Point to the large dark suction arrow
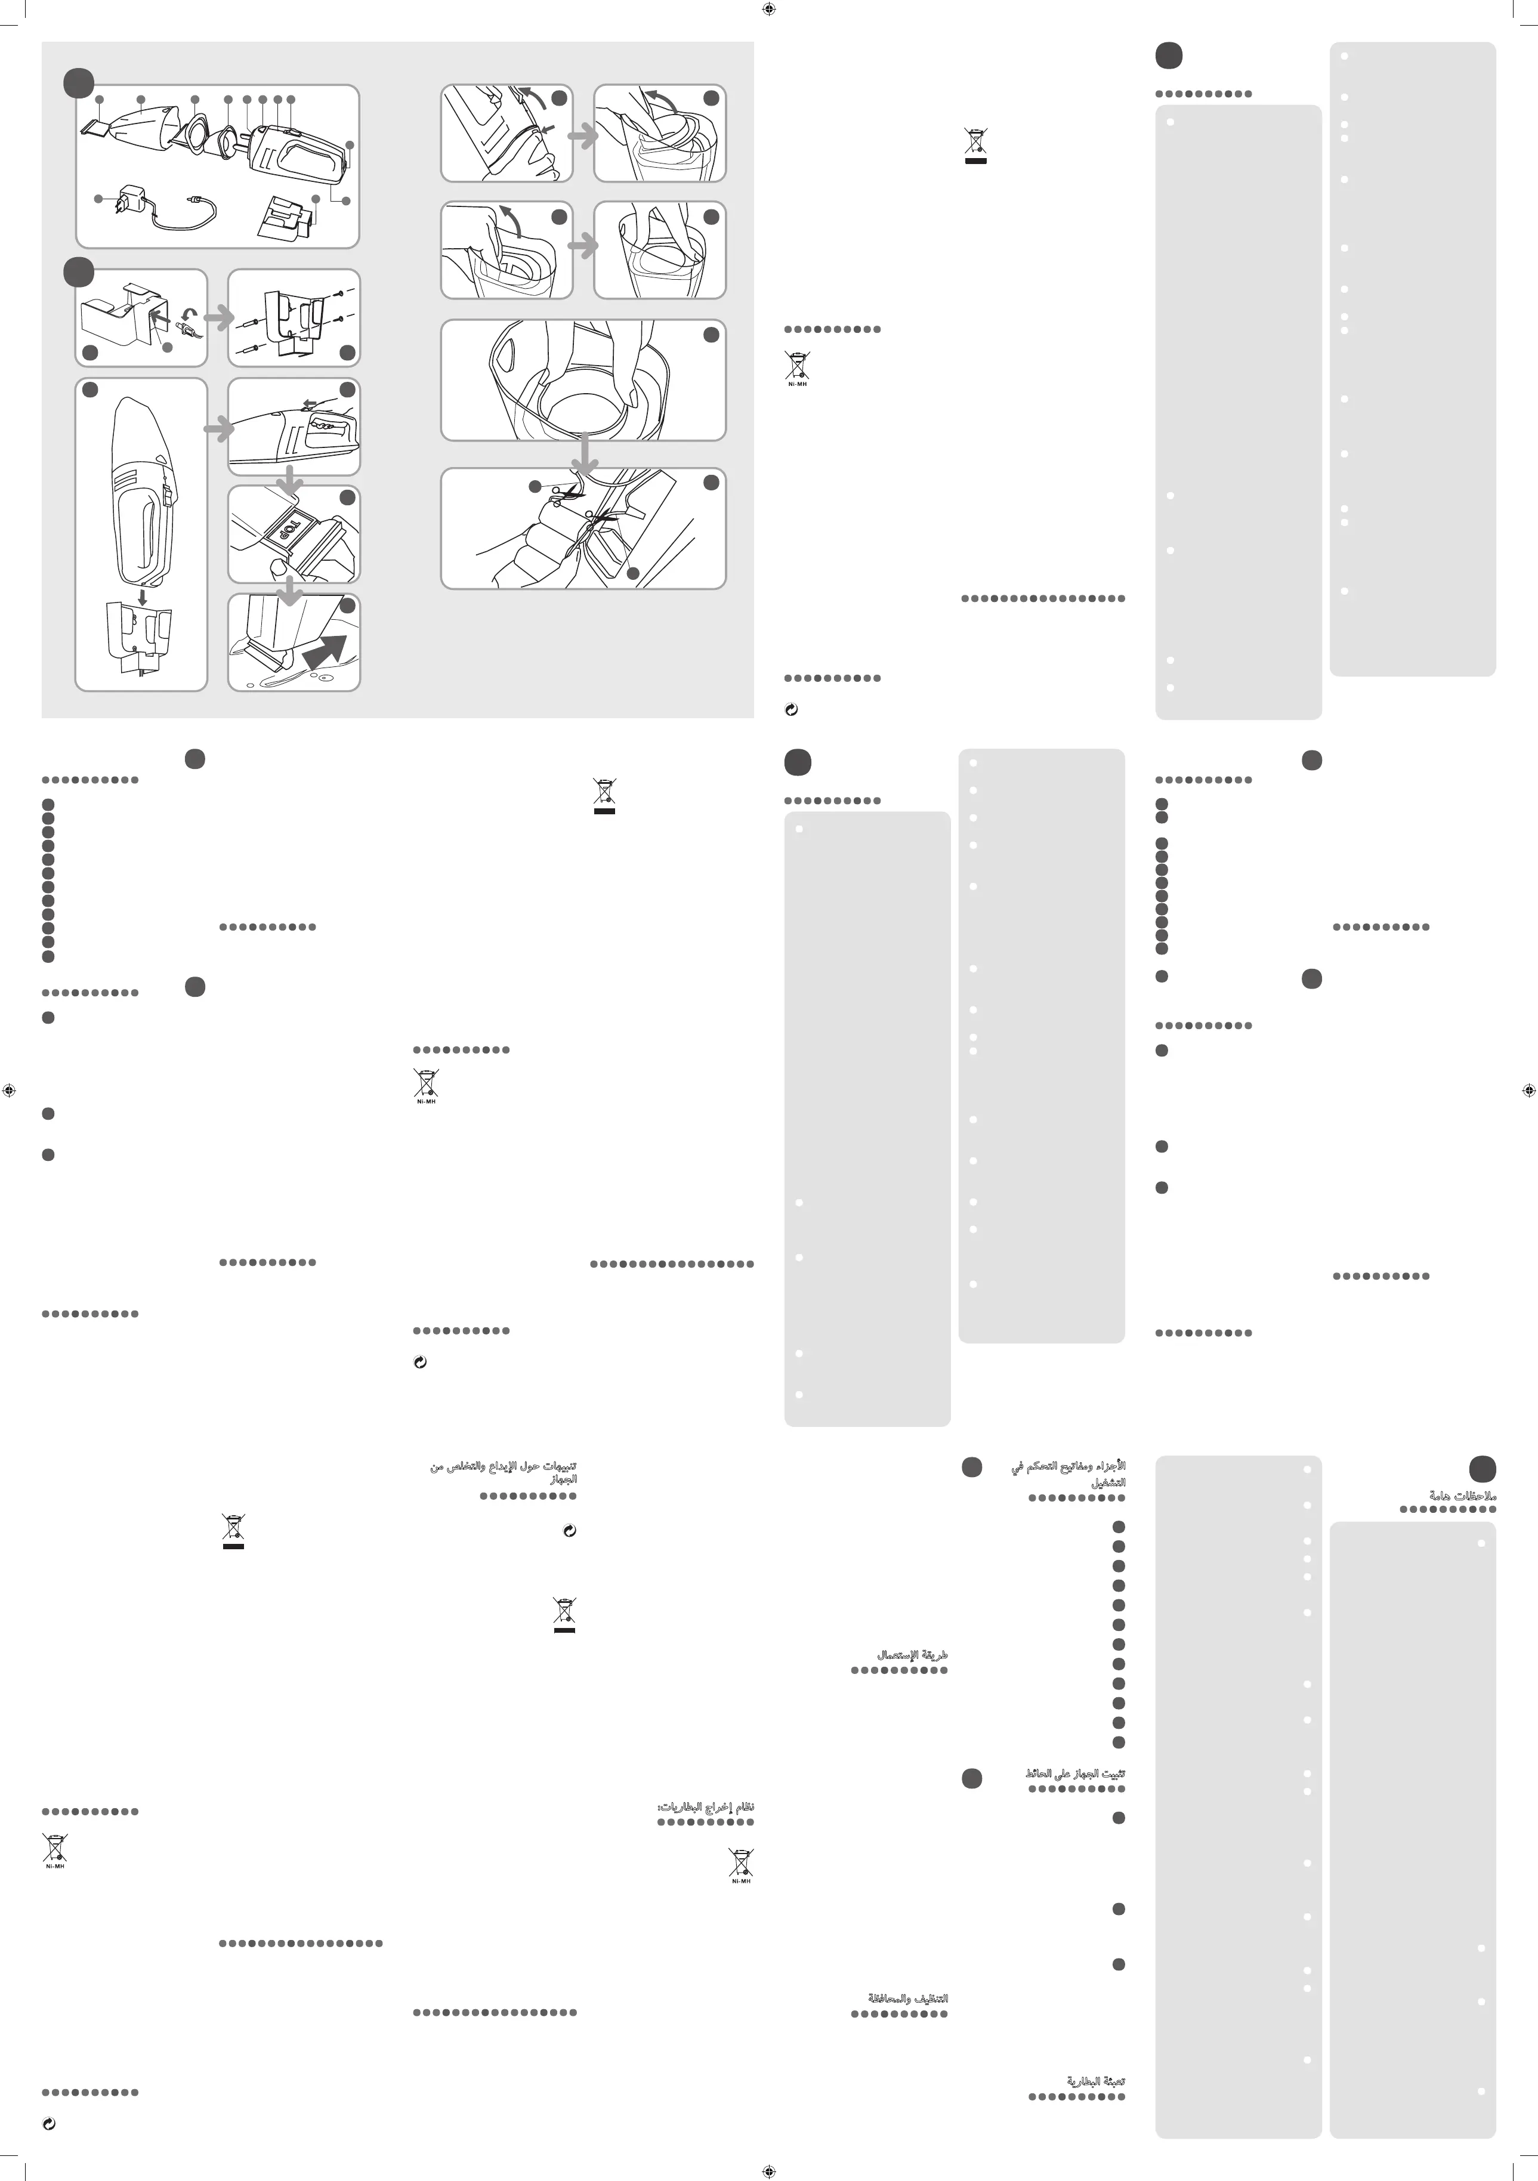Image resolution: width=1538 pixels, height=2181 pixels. (x=325, y=654)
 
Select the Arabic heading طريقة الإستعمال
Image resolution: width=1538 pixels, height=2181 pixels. (x=913, y=1655)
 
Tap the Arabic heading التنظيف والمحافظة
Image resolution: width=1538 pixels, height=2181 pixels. (x=907, y=1998)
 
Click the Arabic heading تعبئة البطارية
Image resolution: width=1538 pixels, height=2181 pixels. (x=1095, y=2081)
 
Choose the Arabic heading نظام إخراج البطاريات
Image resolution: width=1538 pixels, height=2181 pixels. (x=706, y=1807)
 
